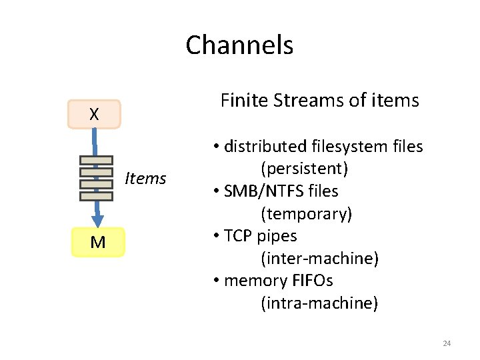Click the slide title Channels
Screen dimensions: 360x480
[239, 45]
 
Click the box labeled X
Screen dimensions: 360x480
[94, 114]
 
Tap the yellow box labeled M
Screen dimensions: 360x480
[97, 243]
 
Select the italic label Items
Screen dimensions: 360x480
[145, 178]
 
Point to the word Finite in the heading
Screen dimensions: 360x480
[242, 101]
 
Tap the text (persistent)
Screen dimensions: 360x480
[305, 169]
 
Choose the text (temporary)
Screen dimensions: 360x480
[307, 214]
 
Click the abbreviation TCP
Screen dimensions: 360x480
[239, 236]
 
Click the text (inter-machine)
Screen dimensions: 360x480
[319, 259]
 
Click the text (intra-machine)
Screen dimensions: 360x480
[319, 303]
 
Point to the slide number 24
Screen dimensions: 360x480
[447, 343]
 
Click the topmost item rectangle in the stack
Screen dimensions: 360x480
[96, 160]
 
